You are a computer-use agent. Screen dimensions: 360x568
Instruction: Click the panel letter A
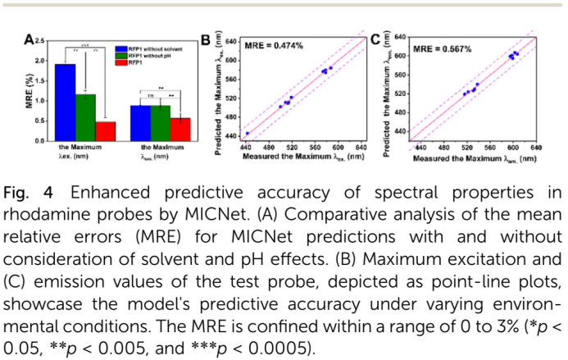[28, 40]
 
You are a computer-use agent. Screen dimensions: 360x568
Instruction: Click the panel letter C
[375, 39]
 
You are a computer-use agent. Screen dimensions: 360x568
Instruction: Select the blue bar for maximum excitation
[66, 102]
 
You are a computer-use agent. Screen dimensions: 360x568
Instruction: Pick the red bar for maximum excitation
[106, 131]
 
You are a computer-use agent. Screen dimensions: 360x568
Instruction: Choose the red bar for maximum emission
[180, 130]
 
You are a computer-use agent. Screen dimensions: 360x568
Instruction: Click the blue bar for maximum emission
[140, 123]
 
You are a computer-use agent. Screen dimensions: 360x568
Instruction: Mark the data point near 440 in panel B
[248, 134]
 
